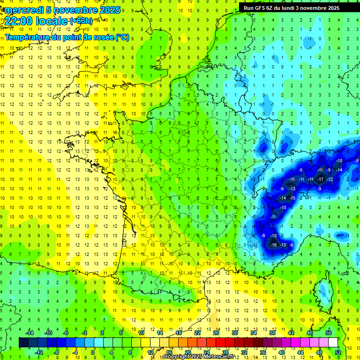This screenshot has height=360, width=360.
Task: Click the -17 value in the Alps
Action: point(321,179)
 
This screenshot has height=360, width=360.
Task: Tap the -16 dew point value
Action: point(273,245)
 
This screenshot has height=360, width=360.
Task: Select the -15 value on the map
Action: point(292,198)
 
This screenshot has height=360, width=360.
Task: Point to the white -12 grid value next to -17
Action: point(330,179)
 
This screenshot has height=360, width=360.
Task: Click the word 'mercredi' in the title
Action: point(22,10)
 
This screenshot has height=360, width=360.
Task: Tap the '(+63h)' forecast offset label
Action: point(81,21)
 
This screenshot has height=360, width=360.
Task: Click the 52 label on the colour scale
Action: point(338,352)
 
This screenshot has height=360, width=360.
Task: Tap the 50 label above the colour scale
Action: point(328,333)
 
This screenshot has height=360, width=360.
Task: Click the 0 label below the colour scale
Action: point(93,352)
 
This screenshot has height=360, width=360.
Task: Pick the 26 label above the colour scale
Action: point(216,333)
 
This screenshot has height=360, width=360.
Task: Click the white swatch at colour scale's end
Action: point(333,343)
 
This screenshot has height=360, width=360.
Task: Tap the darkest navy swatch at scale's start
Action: point(23,343)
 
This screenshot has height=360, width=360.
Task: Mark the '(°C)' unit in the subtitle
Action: point(122,37)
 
